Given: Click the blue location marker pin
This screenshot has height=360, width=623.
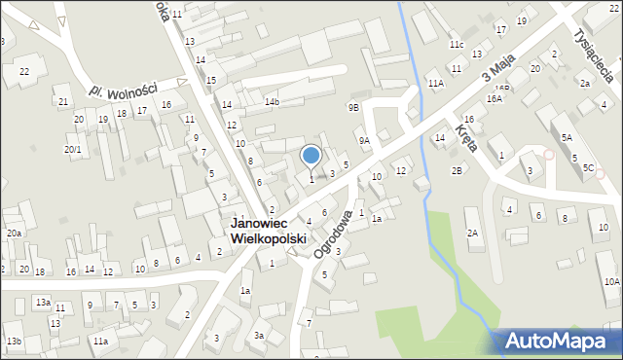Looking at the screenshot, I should [x=311, y=156].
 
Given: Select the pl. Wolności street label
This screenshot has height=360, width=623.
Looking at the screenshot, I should [x=123, y=89].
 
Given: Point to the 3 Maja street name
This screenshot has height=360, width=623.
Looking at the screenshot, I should [x=497, y=69].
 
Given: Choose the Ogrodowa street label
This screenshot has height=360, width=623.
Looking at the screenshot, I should [x=332, y=230].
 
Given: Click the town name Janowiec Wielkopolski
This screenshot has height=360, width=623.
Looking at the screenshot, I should [x=268, y=231].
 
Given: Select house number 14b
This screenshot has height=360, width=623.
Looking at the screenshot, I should [x=272, y=101].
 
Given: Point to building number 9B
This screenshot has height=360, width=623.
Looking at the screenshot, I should [x=353, y=107].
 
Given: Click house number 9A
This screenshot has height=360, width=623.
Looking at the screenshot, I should [x=364, y=140].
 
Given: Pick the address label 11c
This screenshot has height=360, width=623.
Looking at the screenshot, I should [x=456, y=45].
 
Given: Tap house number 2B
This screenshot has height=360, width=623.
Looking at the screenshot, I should [x=457, y=171].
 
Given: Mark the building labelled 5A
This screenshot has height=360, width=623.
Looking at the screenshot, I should [x=567, y=139].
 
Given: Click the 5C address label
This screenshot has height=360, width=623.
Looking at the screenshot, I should [x=588, y=168].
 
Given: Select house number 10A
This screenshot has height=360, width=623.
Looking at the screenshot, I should [x=611, y=281].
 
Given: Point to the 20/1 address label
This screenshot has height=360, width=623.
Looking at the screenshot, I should [x=73, y=149].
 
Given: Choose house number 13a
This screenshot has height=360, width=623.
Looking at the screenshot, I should [x=43, y=303].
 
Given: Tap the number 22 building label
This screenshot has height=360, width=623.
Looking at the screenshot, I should [x=24, y=72].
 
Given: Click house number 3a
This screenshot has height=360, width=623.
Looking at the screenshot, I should [x=260, y=335].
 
